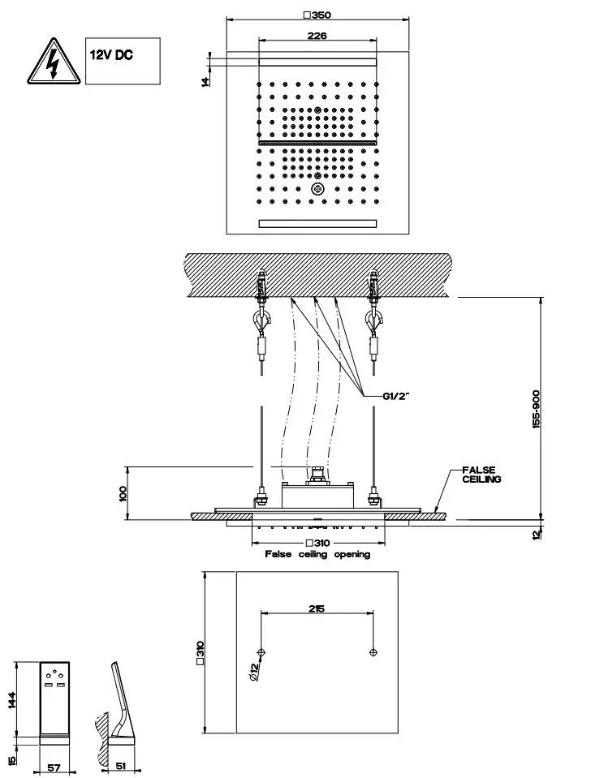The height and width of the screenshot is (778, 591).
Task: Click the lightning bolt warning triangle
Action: point(52,62)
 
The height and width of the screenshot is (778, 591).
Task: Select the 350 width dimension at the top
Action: point(317,14)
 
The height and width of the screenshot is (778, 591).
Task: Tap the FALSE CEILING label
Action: point(481,475)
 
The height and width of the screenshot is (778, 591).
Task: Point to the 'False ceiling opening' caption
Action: point(317,554)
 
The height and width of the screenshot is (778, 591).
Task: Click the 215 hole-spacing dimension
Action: point(317,608)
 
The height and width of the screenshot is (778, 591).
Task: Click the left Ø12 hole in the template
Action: point(261,652)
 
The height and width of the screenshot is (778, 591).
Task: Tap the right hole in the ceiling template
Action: point(373,652)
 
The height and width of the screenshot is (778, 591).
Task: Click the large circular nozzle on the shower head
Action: point(317,189)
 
